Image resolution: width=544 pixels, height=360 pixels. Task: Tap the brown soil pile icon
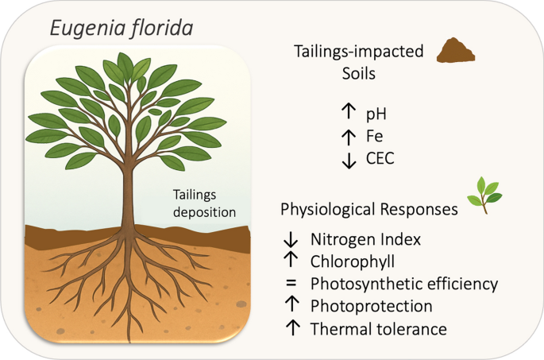[x=457, y=52]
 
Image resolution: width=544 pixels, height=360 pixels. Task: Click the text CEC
[x=380, y=158]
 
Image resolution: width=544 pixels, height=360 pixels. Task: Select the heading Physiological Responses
[x=368, y=210]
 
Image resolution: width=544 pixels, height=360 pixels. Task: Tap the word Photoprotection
[x=361, y=306]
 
